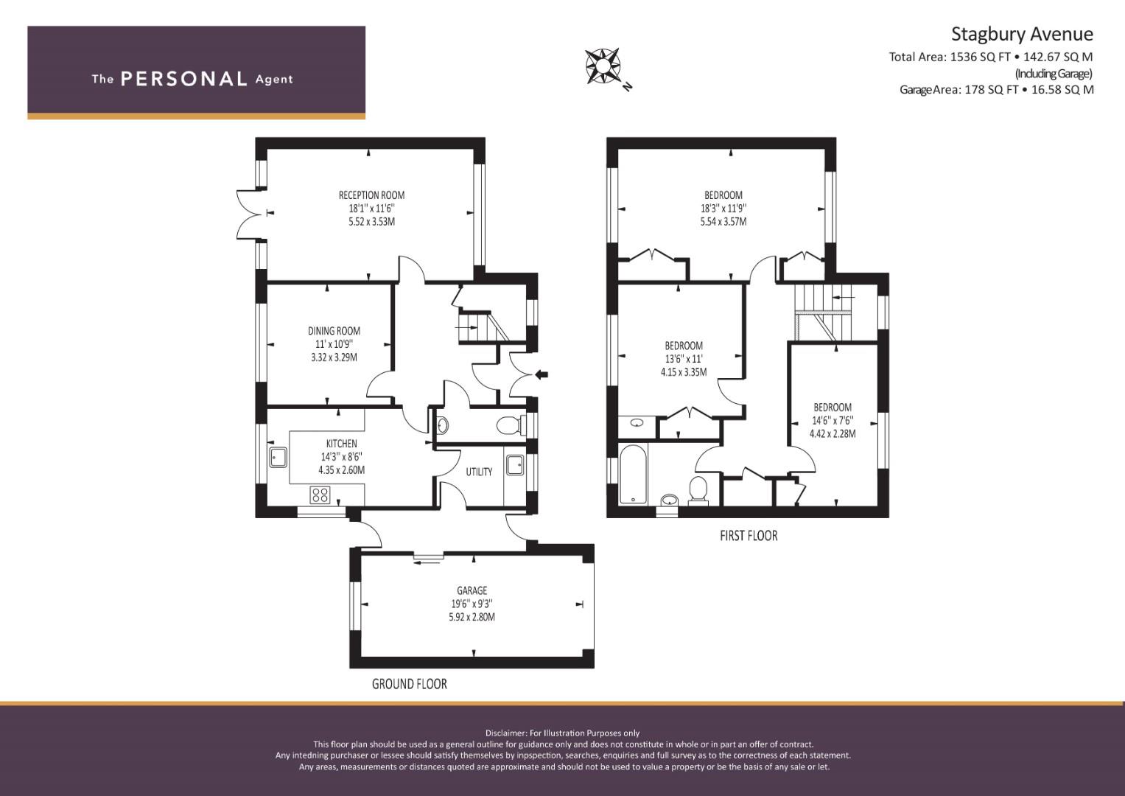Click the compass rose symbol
(x=603, y=66)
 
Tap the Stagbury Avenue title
(x=1022, y=34)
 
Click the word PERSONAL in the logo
(x=184, y=79)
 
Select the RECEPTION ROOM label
(x=371, y=195)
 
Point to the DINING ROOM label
(x=334, y=331)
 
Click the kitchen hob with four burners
(x=320, y=495)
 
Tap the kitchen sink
(x=278, y=457)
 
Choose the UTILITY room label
(x=479, y=472)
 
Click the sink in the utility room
(x=515, y=465)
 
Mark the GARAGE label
(x=472, y=590)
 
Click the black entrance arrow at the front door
(x=542, y=374)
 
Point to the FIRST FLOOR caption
(x=749, y=536)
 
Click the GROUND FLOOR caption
(x=410, y=684)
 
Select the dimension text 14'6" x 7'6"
(x=833, y=421)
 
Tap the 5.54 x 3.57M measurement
(x=723, y=222)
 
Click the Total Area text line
(x=991, y=57)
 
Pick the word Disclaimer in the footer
(x=505, y=733)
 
